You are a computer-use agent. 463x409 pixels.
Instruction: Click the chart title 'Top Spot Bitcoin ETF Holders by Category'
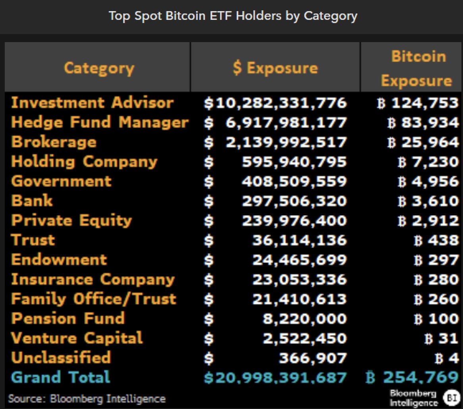coord(233,16)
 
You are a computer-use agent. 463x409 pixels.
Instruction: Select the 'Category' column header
coord(99,68)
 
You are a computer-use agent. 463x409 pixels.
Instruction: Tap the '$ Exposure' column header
coord(275,68)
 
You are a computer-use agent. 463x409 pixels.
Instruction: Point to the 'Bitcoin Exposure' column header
coord(417,68)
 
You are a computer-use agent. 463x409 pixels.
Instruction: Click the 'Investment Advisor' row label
coord(92,103)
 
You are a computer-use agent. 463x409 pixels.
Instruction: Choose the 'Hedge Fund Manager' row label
coord(100,122)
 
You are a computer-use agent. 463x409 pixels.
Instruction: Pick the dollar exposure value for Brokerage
coord(286,142)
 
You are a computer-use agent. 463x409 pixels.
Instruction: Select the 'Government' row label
coord(61,181)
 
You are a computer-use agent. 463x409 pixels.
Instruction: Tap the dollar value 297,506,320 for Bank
coord(294,201)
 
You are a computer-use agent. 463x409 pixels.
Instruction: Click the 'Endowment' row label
coord(59,260)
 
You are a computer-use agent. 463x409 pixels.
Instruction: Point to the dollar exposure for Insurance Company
coord(299,280)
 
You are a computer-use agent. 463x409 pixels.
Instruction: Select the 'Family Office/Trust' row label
coord(93,299)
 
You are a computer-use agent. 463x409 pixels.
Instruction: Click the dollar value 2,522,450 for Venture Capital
coord(305,338)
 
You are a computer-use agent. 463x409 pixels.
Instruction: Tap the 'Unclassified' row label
coord(61,358)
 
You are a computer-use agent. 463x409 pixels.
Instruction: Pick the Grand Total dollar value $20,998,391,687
coord(275,377)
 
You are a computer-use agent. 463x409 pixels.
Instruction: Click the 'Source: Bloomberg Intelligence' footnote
coord(87,398)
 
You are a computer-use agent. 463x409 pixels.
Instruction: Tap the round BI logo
coord(451,397)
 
